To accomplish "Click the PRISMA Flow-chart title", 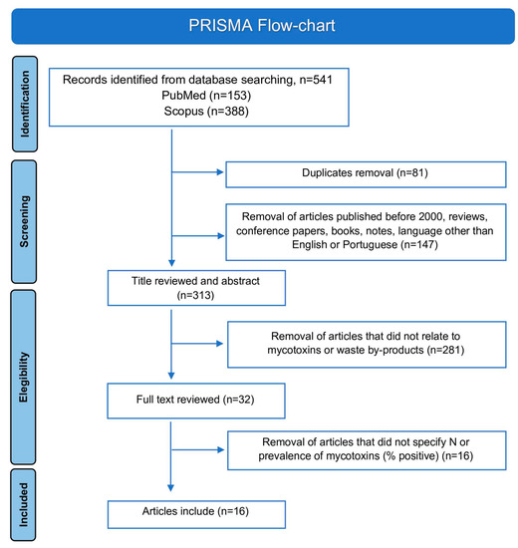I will [x=258, y=22].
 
